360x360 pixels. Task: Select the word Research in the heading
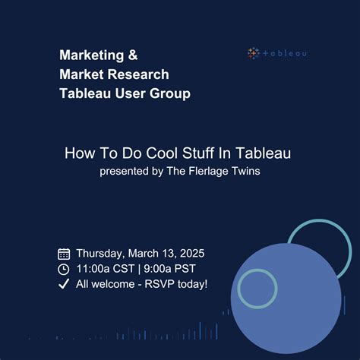click(x=142, y=74)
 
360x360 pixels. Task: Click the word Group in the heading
click(x=171, y=93)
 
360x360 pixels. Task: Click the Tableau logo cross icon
click(x=254, y=53)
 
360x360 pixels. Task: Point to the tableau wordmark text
click(x=284, y=53)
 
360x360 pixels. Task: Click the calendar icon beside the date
click(x=64, y=254)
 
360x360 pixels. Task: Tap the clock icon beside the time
click(x=64, y=269)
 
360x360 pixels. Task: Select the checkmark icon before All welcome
click(x=64, y=284)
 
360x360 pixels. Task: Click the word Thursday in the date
click(x=100, y=254)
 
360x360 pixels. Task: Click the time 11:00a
click(x=93, y=269)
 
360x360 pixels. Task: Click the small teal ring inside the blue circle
click(x=257, y=288)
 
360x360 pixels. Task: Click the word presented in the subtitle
click(x=123, y=170)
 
